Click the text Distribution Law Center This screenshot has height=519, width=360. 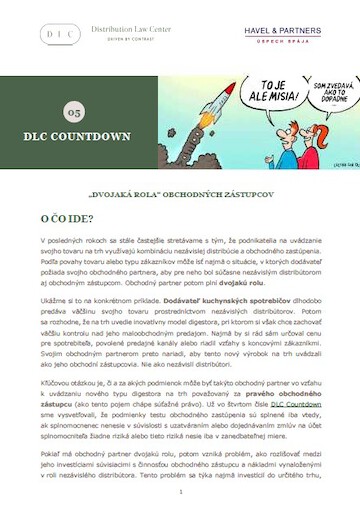[x=131, y=29]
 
